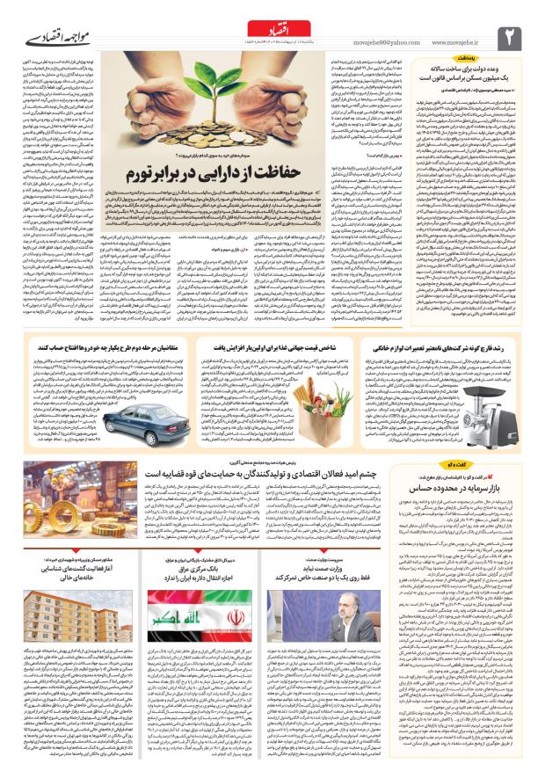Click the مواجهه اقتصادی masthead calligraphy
[48, 40]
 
